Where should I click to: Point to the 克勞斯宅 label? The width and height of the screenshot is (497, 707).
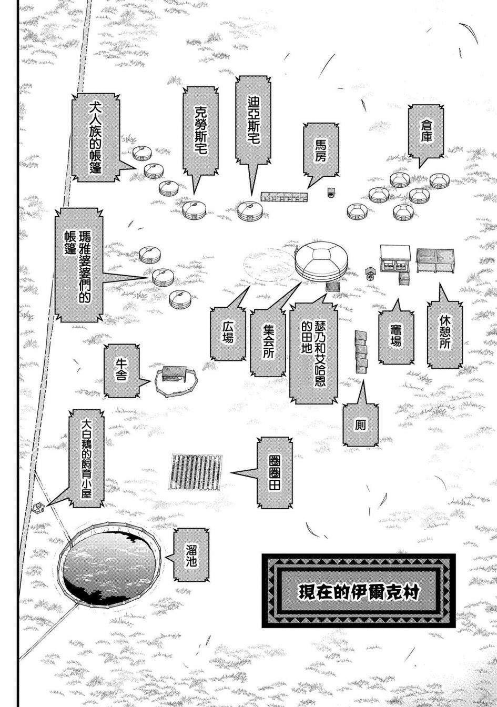click(x=200, y=133)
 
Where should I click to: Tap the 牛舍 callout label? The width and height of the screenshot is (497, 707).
click(x=122, y=371)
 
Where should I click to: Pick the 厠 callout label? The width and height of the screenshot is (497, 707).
click(x=360, y=425)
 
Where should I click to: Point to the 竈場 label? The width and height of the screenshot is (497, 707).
click(x=395, y=337)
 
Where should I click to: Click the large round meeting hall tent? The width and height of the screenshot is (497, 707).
click(x=322, y=261)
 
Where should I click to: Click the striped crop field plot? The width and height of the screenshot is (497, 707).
click(x=195, y=472)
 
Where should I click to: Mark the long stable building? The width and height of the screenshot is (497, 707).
click(x=284, y=197)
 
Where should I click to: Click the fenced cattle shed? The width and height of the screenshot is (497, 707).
click(x=176, y=380)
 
